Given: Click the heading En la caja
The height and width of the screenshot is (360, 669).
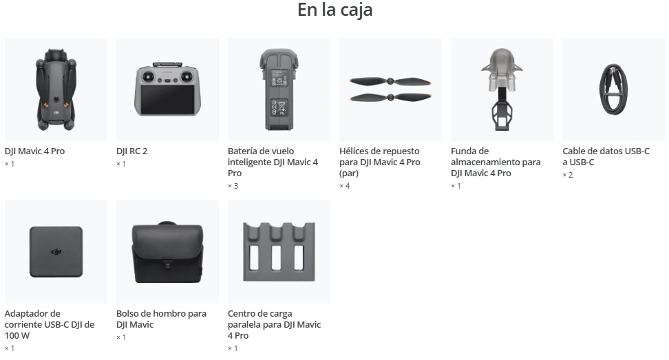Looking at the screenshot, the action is [335, 10].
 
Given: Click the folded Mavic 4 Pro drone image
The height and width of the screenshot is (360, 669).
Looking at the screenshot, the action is [56, 89].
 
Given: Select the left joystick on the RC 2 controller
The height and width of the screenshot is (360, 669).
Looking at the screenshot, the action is [149, 77].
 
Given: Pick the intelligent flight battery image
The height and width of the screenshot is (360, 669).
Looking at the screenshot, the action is [279, 89].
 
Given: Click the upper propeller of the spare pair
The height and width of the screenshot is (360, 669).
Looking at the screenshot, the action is [390, 81].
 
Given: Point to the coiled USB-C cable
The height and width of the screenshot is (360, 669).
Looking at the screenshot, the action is [613, 89].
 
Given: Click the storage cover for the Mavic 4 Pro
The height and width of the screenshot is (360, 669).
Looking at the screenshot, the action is [502, 89].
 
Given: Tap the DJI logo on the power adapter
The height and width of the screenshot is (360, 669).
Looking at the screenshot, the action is [56, 252].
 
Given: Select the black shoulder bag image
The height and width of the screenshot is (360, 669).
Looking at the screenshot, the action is [167, 252].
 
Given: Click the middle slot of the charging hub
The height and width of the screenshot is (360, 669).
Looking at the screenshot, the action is [276, 257].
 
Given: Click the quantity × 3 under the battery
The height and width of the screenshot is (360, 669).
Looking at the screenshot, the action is [233, 186].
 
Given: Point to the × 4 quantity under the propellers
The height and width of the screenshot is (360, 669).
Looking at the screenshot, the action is [344, 186].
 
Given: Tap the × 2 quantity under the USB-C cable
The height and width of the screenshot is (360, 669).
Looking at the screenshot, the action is [567, 175].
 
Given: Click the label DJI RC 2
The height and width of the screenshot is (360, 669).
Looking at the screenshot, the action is [132, 151].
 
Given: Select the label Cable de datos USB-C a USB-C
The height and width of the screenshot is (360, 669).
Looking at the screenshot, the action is [606, 156].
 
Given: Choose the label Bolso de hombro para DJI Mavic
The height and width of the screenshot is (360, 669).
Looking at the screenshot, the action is [161, 319].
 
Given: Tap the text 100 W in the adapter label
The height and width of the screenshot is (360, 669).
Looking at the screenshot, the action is [17, 336].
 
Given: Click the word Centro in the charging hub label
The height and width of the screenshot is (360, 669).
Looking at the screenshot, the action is [242, 313].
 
